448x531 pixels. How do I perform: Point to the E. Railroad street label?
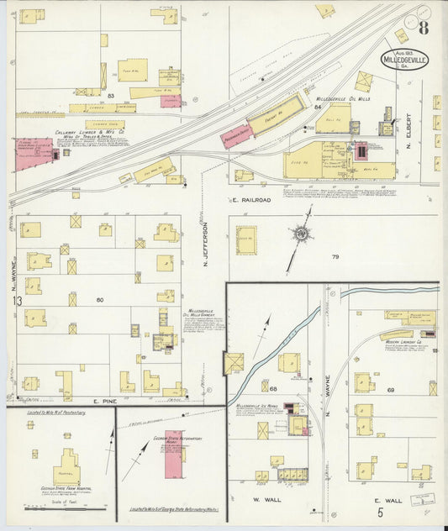click(251, 201)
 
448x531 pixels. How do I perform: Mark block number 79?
click(335, 256)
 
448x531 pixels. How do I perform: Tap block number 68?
click(274, 388)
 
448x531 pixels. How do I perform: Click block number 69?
click(391, 390)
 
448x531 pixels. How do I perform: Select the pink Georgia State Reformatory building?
click(171, 459)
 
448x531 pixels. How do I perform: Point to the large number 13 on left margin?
click(16, 301)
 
